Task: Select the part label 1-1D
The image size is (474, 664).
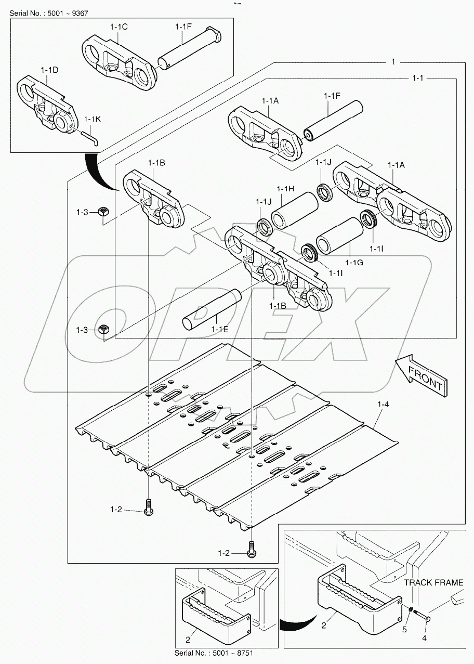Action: (50, 70)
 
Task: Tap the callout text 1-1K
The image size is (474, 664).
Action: (93, 119)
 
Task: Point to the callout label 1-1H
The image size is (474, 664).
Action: (285, 188)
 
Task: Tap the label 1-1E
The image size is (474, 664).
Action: (220, 329)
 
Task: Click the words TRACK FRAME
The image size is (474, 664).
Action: (433, 582)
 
